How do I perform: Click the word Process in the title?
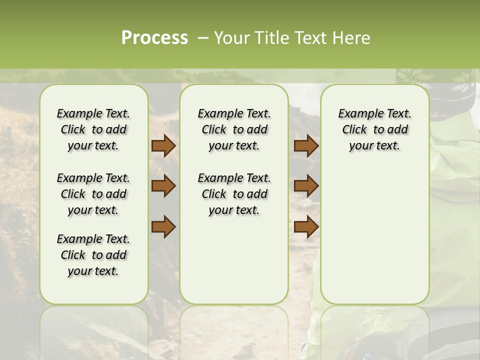[154, 38]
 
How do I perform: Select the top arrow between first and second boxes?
[163, 146]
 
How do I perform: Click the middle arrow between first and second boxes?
[163, 186]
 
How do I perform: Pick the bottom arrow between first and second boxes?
[163, 226]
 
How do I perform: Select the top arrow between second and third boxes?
[306, 146]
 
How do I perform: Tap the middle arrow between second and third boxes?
[306, 186]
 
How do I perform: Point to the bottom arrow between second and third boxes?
[306, 226]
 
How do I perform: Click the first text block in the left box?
[93, 129]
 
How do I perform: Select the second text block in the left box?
[93, 194]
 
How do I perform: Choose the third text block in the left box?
[93, 255]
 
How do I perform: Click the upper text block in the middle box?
[234, 129]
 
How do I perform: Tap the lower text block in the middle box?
[234, 194]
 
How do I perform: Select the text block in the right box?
[374, 129]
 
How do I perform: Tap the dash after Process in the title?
[202, 38]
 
